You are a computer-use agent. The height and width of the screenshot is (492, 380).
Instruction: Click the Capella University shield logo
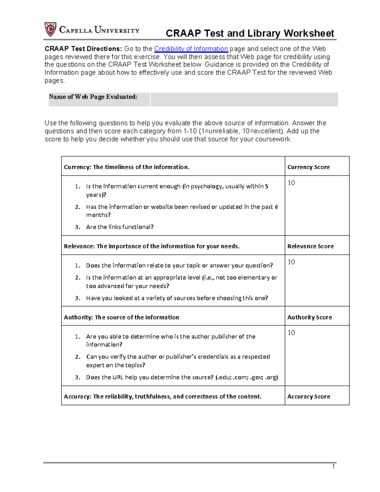(x=50, y=29)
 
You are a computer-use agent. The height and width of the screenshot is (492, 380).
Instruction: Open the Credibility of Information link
(x=191, y=49)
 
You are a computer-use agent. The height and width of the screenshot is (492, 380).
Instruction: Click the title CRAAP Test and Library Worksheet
(x=250, y=33)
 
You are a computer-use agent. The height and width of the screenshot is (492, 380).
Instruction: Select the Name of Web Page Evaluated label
(x=93, y=97)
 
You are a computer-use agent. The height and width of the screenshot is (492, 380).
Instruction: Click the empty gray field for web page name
(x=244, y=99)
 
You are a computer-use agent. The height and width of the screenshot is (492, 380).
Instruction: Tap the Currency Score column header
(x=308, y=167)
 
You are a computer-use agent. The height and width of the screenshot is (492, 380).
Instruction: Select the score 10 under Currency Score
(x=291, y=183)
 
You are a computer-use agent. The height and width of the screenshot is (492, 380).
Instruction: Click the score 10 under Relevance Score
(x=291, y=262)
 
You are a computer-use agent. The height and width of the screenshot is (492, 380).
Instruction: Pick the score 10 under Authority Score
(x=291, y=333)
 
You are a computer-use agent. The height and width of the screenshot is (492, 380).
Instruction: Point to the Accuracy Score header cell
(x=308, y=396)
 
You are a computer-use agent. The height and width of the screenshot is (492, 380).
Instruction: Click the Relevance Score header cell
(x=310, y=246)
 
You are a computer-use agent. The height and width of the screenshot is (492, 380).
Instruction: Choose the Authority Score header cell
(x=309, y=317)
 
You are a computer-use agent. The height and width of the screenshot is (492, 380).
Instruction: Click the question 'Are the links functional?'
(x=120, y=227)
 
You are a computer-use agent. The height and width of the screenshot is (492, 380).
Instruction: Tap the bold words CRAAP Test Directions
(x=83, y=49)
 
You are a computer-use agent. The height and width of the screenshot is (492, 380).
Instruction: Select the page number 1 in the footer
(x=333, y=466)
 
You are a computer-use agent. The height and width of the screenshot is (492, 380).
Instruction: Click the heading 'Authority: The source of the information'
(x=121, y=317)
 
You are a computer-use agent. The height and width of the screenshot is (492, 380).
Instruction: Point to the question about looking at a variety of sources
(x=177, y=298)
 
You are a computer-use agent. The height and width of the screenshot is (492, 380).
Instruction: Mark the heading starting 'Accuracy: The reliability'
(x=162, y=396)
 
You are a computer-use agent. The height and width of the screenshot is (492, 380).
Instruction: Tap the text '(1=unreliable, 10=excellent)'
(x=241, y=131)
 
